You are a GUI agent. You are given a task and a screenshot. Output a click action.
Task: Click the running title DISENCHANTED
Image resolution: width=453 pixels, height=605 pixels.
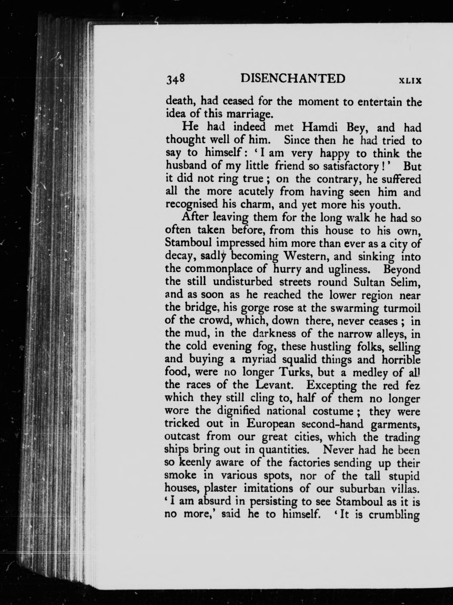(293, 79)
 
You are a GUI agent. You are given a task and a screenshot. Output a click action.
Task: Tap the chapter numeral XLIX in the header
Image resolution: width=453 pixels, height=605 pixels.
(410, 81)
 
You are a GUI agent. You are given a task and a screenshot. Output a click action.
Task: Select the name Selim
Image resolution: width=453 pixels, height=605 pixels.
(405, 282)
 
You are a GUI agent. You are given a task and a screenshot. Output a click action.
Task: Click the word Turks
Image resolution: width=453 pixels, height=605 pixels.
(293, 372)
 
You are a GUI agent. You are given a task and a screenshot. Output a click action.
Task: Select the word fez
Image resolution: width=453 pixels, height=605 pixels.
(412, 385)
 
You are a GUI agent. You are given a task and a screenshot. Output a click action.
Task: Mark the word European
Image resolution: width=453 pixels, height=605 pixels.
(271, 424)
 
